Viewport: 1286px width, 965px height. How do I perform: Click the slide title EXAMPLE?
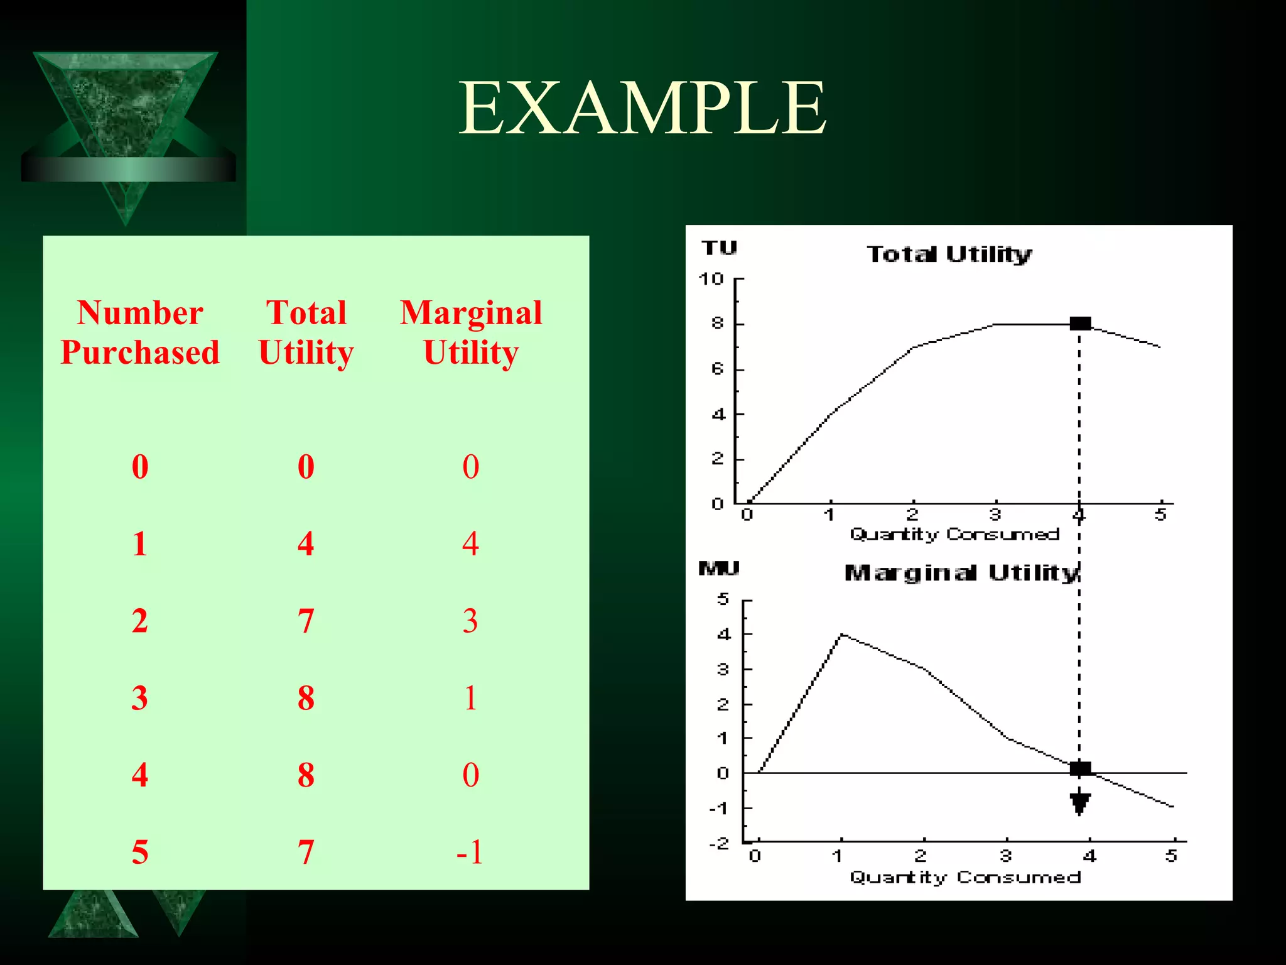(642, 108)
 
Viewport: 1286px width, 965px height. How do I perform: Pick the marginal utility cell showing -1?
(470, 852)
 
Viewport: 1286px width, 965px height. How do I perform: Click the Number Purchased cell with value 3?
(139, 698)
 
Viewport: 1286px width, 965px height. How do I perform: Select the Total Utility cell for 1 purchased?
(306, 543)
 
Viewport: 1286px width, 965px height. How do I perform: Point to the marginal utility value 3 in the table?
(470, 621)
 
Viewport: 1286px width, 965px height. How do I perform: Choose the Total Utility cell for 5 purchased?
(306, 852)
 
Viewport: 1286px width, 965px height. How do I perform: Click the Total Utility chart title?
(949, 254)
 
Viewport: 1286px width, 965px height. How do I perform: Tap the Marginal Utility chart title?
(961, 573)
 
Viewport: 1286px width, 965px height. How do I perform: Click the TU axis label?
(719, 248)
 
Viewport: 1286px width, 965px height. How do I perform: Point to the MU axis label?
(719, 569)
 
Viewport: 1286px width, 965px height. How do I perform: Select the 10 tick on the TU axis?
(711, 279)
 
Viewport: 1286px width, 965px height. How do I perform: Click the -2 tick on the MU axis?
(720, 843)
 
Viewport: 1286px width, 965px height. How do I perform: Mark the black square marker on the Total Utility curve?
(1080, 324)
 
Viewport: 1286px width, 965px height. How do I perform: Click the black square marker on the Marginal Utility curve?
(1080, 768)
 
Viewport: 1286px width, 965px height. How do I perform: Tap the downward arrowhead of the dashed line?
(1080, 804)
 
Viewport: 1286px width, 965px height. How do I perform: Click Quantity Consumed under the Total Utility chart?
(954, 534)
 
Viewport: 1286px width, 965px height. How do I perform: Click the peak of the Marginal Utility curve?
(841, 635)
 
